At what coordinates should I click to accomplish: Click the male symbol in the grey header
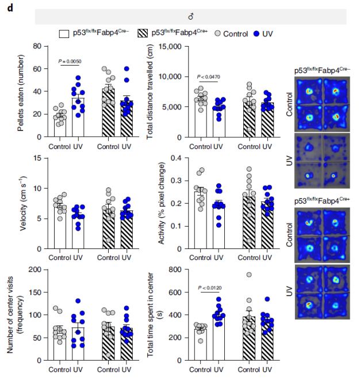[191, 17]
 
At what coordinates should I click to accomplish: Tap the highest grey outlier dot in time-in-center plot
[248, 275]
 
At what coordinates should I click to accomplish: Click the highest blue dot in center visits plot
[78, 301]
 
